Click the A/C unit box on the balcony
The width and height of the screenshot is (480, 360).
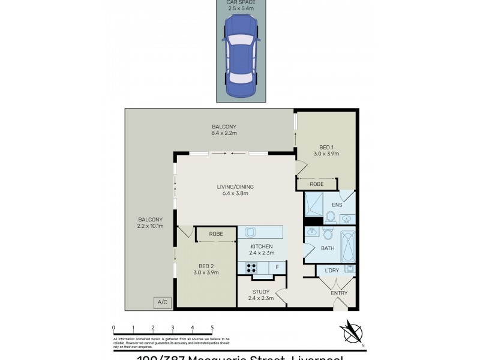(162, 302)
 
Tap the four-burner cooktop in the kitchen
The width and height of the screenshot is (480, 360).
(251, 268)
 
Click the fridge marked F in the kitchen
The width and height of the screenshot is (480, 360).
(277, 268)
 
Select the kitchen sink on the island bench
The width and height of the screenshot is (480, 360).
(251, 232)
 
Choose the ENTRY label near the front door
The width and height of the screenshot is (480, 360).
(339, 293)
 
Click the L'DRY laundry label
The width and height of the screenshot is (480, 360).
(331, 271)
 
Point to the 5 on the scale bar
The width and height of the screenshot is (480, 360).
(212, 328)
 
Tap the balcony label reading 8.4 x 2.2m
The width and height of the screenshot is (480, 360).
(224, 130)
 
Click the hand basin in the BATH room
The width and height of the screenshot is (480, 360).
(312, 232)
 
